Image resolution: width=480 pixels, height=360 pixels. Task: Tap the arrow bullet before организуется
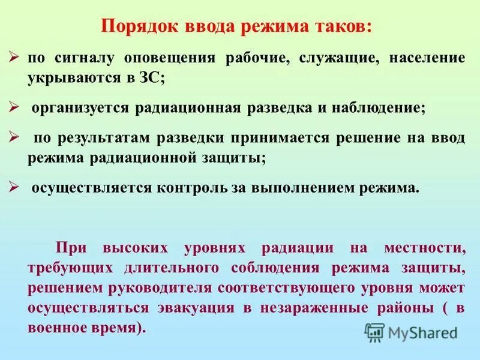(15, 107)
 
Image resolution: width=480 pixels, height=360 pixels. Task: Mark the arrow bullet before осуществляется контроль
(15, 186)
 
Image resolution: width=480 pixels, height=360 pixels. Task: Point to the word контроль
(193, 187)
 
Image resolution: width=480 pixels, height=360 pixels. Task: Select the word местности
(426, 248)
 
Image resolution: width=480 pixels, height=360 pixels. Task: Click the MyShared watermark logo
(412, 332)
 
